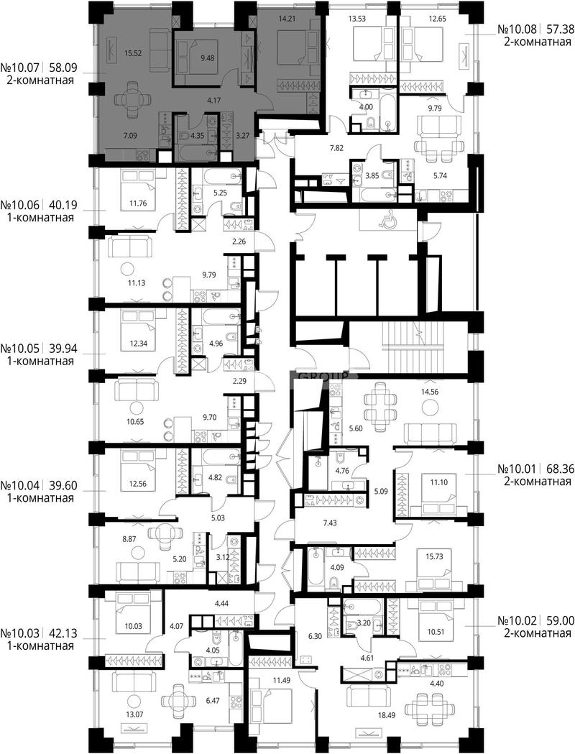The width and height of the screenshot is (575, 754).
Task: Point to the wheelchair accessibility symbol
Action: tap(387, 221)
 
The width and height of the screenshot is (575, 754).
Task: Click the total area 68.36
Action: tap(558, 469)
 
